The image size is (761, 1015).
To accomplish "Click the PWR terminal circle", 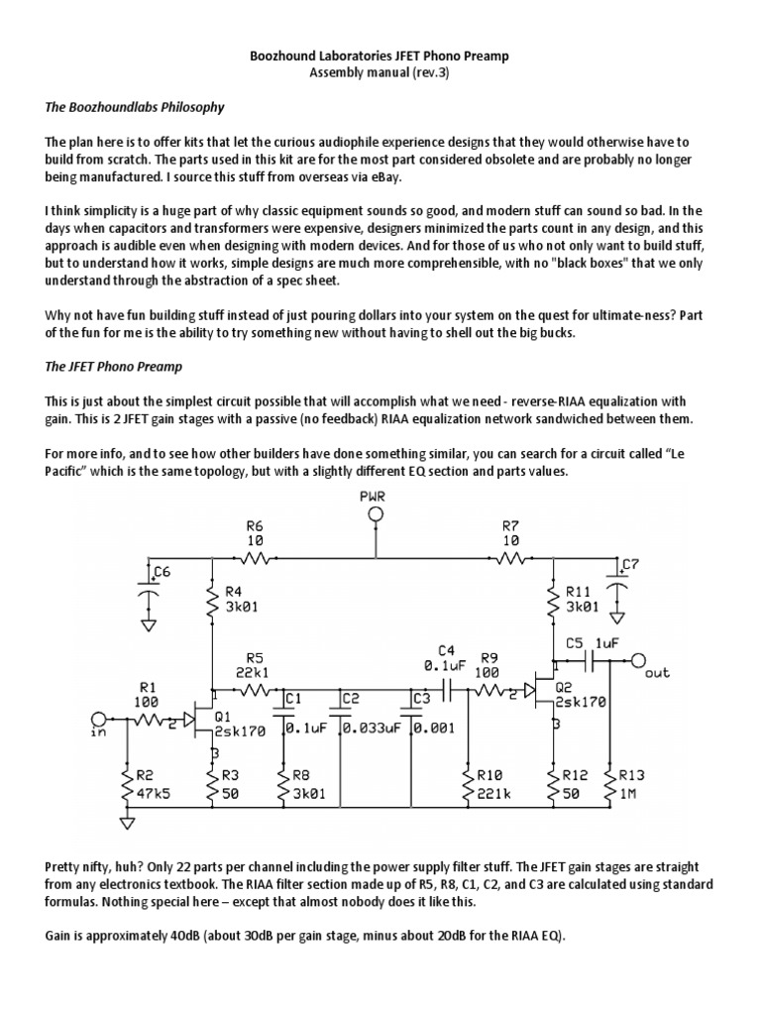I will coord(376,513).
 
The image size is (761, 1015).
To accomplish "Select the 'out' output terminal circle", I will coord(638,660).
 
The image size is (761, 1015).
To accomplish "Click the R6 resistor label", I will coord(255,525).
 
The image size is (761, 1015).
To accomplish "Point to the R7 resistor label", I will coord(511,525).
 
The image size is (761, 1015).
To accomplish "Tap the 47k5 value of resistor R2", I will coord(153,794).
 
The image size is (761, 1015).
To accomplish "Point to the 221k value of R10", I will coord(493,793).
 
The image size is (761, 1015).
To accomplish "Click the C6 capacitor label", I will coord(161,573).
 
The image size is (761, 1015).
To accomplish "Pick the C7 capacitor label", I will coord(629,564).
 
